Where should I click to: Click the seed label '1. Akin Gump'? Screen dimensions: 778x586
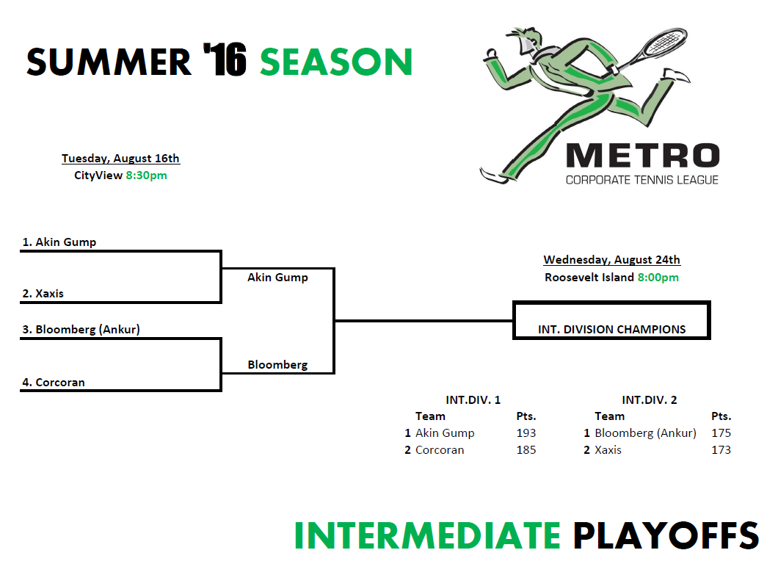(x=59, y=242)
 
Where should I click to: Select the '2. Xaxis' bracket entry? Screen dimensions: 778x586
(x=43, y=294)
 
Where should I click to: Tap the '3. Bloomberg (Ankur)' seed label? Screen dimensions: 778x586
(x=81, y=330)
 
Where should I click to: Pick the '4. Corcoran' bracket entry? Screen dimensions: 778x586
(x=54, y=383)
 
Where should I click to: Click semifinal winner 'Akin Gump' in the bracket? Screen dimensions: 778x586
(x=278, y=278)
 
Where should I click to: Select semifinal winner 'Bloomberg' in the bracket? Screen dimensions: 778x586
(x=278, y=365)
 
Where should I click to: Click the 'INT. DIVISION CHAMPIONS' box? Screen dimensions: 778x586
(x=612, y=320)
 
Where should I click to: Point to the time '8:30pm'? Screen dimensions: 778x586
(x=146, y=176)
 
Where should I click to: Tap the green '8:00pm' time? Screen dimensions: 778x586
(x=658, y=278)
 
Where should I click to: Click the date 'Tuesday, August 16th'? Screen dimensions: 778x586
(x=120, y=159)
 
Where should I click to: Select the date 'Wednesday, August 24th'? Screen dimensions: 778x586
(x=612, y=260)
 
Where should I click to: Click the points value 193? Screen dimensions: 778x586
(x=526, y=433)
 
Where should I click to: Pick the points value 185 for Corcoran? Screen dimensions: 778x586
(x=526, y=450)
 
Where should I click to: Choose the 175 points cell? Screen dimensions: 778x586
(x=721, y=433)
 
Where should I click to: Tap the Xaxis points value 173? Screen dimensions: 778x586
(x=721, y=450)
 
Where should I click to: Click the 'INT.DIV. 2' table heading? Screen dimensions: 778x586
(x=650, y=400)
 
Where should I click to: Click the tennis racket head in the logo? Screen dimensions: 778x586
(x=665, y=40)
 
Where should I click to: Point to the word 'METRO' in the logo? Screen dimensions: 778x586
(x=642, y=156)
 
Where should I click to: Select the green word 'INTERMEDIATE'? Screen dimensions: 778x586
(x=427, y=536)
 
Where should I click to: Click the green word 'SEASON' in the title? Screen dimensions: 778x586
(x=336, y=62)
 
